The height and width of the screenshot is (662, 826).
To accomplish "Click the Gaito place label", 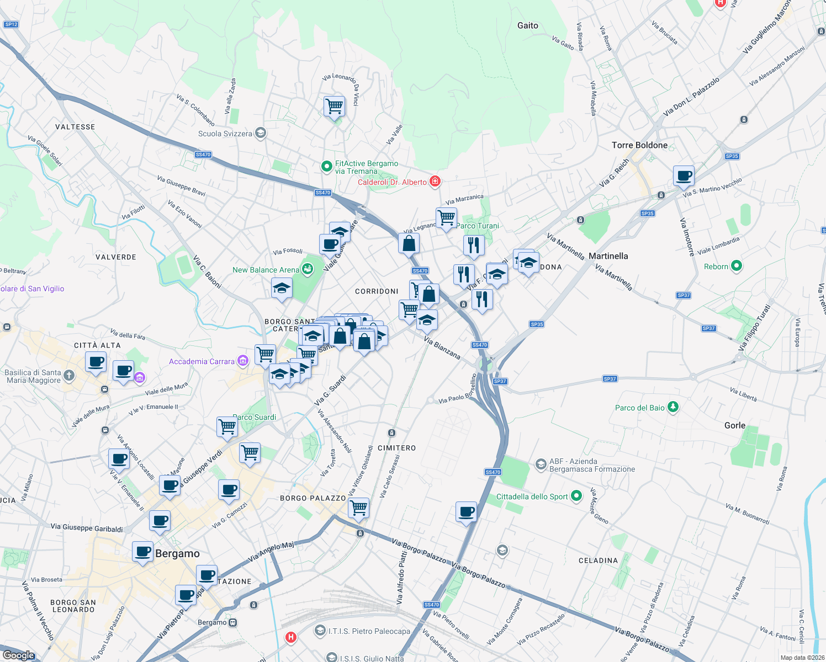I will (x=527, y=25).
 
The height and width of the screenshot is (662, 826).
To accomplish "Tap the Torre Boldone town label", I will (x=639, y=145).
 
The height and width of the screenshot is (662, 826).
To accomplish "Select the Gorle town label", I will (x=734, y=425).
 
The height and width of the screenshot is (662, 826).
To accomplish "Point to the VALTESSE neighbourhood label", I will (x=75, y=127).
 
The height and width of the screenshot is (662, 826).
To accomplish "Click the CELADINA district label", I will (x=598, y=560).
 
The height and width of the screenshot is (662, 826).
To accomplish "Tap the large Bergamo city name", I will (x=177, y=554).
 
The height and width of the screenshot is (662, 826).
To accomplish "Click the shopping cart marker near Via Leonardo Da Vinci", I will (x=334, y=106).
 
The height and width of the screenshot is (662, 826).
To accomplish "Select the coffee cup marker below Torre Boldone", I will (x=684, y=176).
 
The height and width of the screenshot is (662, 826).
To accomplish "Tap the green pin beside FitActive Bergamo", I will (x=326, y=165).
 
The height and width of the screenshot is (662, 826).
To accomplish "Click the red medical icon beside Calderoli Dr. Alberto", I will (x=435, y=181).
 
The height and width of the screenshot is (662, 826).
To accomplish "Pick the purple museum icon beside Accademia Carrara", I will (x=242, y=361).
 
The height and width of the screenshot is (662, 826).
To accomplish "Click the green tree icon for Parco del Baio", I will (x=673, y=407).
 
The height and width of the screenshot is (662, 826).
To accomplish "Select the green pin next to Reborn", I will (x=736, y=266).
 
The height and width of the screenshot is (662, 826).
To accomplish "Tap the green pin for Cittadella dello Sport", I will (x=576, y=496).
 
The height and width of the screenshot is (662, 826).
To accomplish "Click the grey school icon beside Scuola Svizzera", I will (x=261, y=133).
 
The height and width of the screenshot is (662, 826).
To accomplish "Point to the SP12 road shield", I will (x=11, y=24).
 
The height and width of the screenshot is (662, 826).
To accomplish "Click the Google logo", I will (x=18, y=655).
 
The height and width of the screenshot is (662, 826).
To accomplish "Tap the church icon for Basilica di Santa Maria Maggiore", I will (x=68, y=376).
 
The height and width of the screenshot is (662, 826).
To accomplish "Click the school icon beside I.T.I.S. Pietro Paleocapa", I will (x=320, y=631).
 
